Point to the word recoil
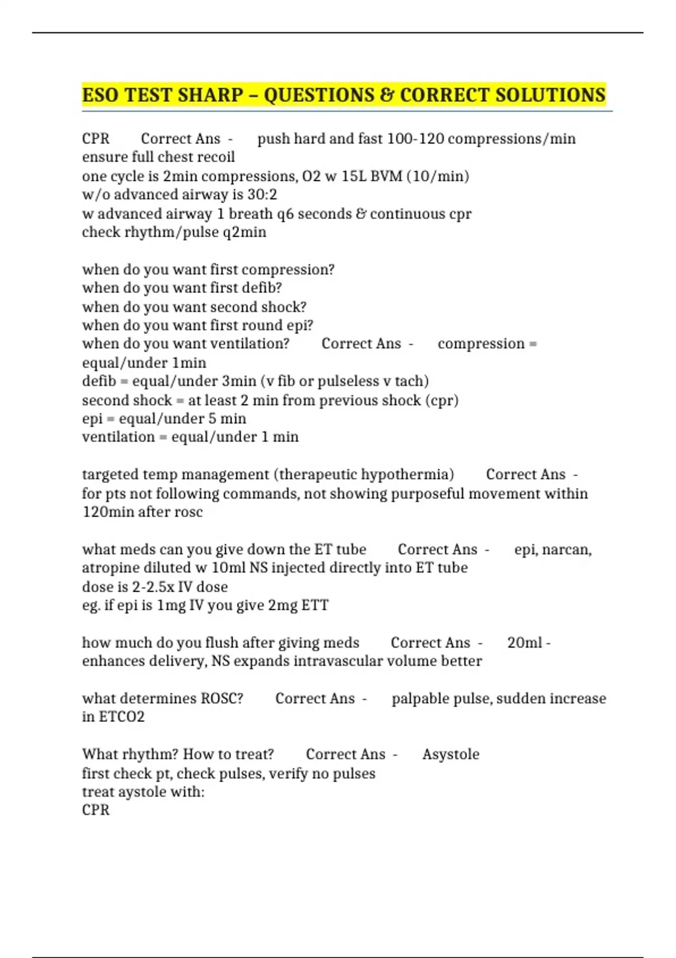click(x=215, y=157)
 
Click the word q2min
click(x=244, y=232)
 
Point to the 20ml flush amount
click(x=524, y=643)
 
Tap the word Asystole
click(x=451, y=755)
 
